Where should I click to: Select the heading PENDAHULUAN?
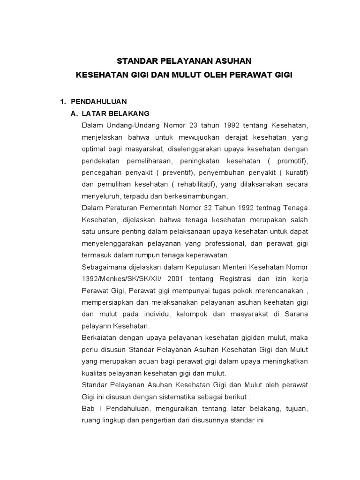98,102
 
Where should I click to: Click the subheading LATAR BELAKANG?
115,114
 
